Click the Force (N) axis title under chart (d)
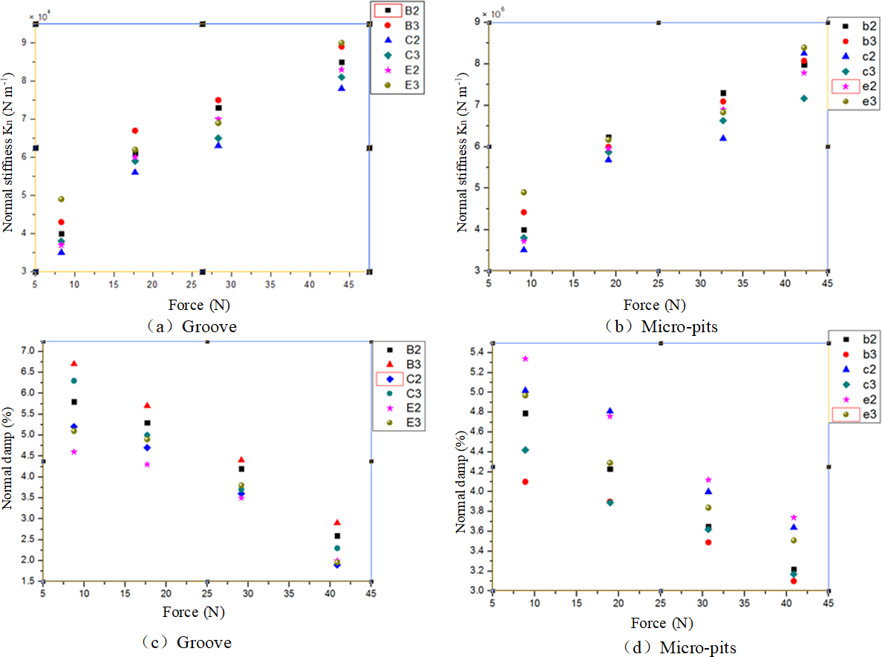pyautogui.click(x=661, y=623)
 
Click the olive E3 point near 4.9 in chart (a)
pyautogui.click(x=61, y=199)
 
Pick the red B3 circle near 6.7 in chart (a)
pyautogui.click(x=134, y=131)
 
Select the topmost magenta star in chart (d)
pyautogui.click(x=526, y=358)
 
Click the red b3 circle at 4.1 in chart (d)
pyautogui.click(x=526, y=481)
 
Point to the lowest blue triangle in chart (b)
pyautogui.click(x=523, y=249)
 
